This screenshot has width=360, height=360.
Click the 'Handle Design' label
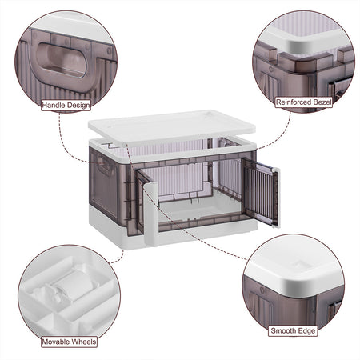point(66,105)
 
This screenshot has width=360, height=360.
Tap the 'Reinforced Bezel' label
point(304,102)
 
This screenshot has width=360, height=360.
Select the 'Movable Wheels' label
point(69,342)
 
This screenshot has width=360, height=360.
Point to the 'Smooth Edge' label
point(293,331)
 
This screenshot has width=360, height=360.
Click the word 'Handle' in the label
point(53,105)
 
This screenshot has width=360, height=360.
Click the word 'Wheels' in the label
point(83,342)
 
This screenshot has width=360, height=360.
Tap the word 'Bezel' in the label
point(322,102)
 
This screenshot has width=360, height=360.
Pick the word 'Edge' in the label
point(306,331)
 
